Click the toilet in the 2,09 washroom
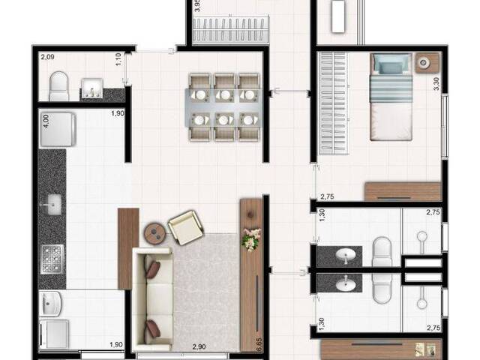pos(58,86)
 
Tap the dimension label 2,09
pos(47,56)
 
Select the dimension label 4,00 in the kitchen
pos(46,120)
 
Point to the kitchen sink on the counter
pos(53,202)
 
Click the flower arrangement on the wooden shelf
pos(250,240)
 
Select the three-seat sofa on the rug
pos(152,297)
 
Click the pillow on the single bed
pos(390,66)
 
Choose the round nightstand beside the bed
pos(426,63)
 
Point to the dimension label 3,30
pos(437,82)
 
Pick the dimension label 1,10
pos(118,58)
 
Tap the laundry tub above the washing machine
pos(53,304)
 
